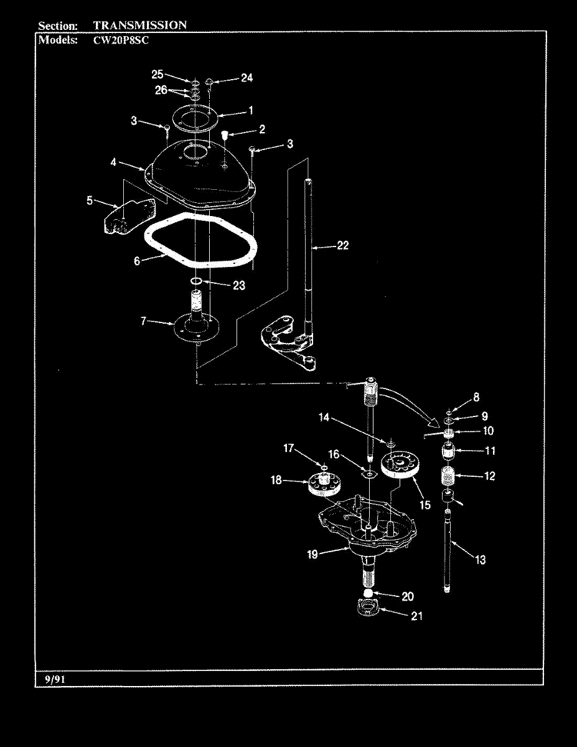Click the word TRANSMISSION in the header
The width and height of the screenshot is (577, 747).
tap(139, 26)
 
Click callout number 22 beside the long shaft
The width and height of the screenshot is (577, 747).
tap(342, 246)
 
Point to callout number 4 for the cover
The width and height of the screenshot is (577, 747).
tap(114, 164)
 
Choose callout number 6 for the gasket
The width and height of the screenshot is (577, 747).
tap(137, 261)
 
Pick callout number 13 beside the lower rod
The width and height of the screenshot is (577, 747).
tap(481, 560)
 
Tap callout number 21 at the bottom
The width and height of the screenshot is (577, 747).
tap(416, 616)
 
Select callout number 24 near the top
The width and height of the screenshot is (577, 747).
tap(246, 78)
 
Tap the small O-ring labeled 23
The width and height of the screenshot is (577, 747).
tap(195, 284)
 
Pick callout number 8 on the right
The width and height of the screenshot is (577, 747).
tap(476, 397)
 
